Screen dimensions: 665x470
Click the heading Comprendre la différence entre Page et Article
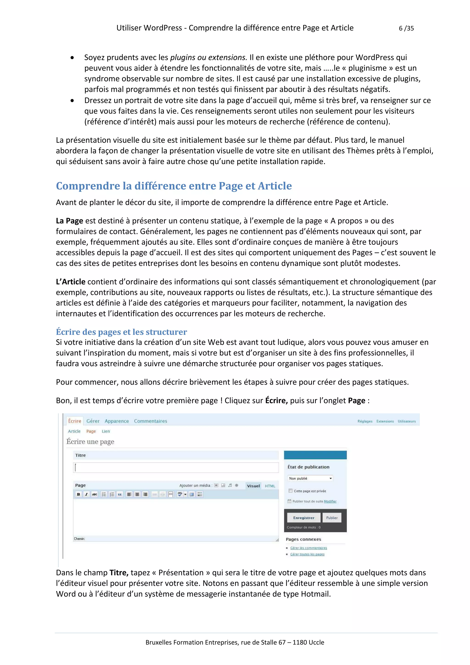click(174, 186)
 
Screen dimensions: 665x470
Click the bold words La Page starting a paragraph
click(70, 221)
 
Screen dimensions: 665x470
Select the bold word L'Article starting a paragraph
click(71, 282)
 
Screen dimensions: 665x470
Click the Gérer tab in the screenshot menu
click(93, 421)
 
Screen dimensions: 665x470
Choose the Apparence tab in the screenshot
click(117, 421)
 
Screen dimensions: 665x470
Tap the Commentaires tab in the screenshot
click(150, 421)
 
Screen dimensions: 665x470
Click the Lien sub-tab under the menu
click(106, 431)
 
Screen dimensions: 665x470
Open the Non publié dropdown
click(310, 479)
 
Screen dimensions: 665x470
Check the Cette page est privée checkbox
click(290, 491)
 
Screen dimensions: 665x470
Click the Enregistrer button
click(304, 518)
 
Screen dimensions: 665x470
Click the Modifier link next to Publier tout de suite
click(330, 501)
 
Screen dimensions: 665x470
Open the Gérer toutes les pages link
click(307, 554)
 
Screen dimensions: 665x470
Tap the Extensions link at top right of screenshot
click(385, 421)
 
